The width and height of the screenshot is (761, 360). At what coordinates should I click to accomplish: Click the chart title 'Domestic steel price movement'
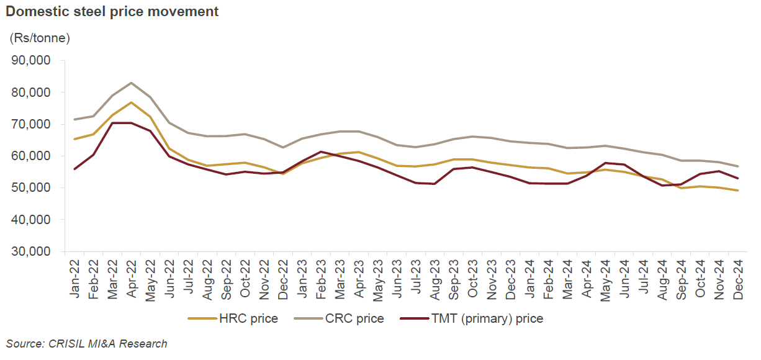[112, 12]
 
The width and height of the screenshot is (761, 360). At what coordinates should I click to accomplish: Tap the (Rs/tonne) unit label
[40, 38]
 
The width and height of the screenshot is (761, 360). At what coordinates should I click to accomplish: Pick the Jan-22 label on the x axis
[75, 279]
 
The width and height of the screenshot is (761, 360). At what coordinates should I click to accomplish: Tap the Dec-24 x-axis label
[737, 279]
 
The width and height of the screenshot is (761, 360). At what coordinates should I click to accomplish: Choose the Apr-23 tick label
[359, 279]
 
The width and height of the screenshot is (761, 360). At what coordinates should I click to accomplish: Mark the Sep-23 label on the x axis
[454, 279]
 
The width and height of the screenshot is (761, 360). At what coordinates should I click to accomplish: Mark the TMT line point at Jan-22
[75, 169]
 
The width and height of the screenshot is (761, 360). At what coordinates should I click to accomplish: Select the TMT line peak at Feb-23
[321, 151]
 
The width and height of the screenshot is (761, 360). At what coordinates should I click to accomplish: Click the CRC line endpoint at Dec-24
[737, 166]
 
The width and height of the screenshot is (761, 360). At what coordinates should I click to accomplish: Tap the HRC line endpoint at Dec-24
[737, 191]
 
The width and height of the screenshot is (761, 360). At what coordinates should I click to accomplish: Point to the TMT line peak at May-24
[605, 163]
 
